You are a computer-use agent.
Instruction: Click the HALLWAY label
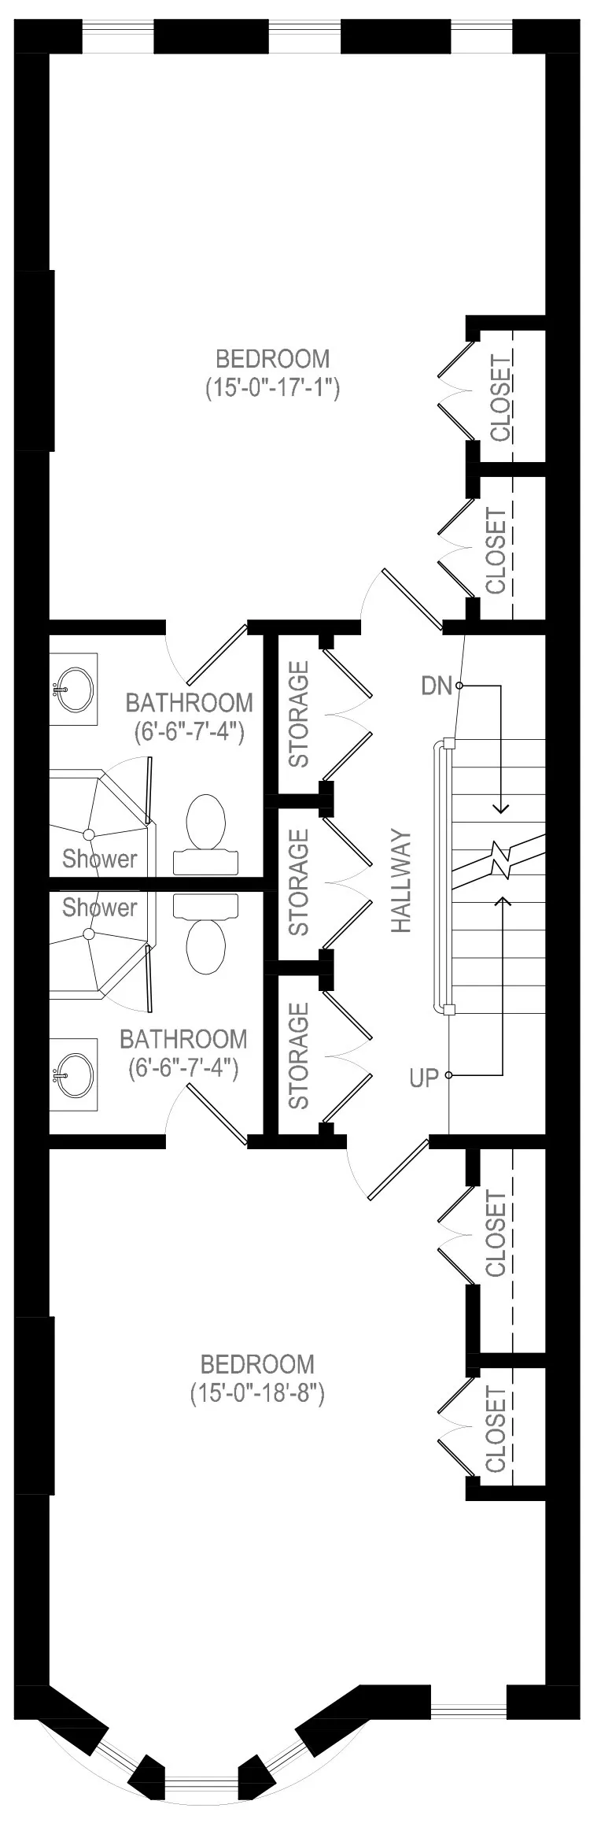(402, 882)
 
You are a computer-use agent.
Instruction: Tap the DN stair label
(437, 686)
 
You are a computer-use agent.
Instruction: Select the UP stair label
(424, 1078)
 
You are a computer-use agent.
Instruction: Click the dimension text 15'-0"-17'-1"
(272, 388)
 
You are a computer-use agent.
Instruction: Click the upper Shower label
(100, 858)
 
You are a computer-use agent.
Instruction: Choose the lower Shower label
(100, 908)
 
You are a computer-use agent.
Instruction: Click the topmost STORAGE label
(299, 714)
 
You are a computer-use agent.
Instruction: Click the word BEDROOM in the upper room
(272, 359)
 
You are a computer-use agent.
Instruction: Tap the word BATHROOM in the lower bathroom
(183, 1039)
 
